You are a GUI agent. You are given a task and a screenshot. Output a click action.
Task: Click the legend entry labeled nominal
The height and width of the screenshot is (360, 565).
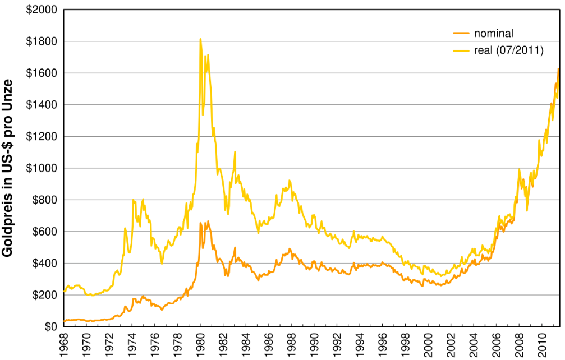[494, 33]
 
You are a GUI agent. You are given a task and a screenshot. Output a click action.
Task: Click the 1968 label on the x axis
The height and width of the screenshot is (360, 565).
[63, 343]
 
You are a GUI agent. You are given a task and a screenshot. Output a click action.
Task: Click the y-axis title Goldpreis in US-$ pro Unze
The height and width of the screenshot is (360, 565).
[8, 168]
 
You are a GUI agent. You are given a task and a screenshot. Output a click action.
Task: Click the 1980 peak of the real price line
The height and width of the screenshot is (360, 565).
[200, 39]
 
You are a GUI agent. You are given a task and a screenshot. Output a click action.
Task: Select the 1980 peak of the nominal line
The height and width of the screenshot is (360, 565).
[201, 223]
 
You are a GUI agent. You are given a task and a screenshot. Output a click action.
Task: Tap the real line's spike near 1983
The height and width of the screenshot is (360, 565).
[235, 151]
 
